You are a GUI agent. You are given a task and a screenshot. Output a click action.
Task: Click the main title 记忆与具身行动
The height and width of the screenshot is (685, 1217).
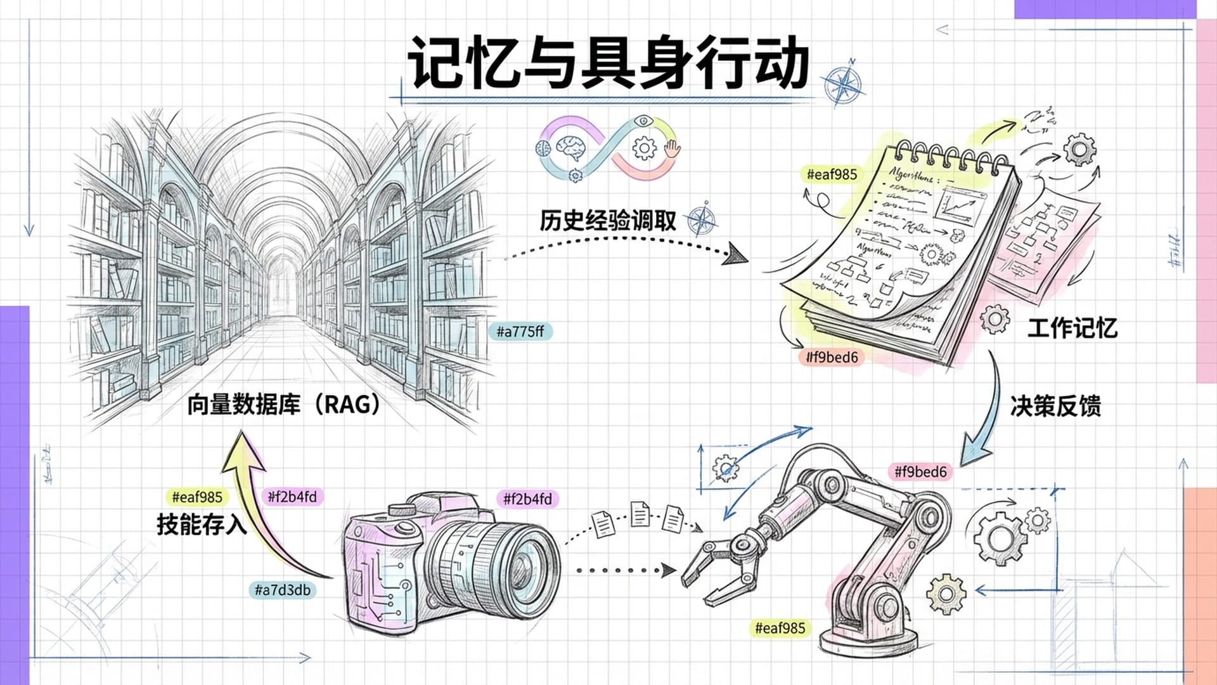607,62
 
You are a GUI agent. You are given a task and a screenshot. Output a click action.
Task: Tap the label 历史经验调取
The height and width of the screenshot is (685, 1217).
607,221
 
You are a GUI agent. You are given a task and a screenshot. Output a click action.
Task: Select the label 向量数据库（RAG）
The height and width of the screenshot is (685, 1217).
283,404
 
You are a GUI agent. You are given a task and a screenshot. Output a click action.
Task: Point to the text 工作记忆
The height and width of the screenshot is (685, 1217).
1072,328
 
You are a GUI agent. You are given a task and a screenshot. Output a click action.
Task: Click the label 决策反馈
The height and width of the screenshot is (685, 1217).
1055,406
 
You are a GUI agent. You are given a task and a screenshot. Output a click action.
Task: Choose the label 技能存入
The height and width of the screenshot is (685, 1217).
201,525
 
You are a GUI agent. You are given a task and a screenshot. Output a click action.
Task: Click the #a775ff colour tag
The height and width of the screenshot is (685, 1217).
520,331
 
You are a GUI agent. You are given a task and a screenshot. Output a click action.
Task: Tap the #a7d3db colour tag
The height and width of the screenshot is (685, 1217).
282,590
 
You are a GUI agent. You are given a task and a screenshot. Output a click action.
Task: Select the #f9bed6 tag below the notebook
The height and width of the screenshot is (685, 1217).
832,357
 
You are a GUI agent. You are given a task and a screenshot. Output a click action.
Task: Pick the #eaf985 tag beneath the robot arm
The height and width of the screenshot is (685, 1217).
780,628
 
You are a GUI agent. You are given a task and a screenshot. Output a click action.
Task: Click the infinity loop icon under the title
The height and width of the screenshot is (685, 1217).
607,148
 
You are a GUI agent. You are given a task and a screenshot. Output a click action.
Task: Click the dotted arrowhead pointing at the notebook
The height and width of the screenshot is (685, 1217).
737,255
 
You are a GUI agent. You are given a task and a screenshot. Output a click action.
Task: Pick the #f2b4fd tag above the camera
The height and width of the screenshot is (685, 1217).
527,499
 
